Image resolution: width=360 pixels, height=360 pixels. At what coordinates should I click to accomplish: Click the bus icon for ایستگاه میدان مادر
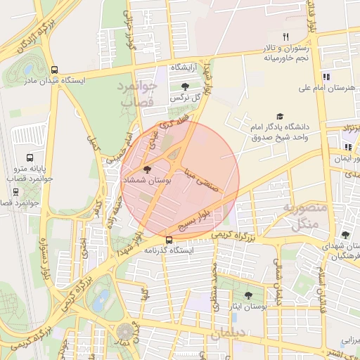point(55,70)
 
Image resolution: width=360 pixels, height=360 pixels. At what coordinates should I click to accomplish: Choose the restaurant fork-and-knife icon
point(285,37)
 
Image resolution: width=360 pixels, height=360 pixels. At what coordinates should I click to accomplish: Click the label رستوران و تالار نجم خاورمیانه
point(285,53)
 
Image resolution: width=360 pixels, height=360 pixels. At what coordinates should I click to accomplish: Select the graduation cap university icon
point(280,116)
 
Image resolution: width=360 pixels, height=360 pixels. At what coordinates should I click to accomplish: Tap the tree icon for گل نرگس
point(185,86)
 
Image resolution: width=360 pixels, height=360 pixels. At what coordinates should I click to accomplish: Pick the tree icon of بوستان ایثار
point(248,296)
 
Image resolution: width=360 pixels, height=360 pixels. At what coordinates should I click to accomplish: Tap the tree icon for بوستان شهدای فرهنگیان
point(345,236)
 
